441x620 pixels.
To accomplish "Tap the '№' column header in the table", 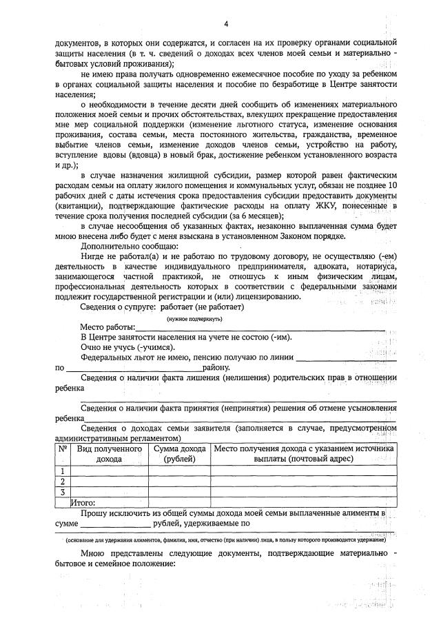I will point(63,449).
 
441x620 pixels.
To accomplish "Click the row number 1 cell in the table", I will point(63,471).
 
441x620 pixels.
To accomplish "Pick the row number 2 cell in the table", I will point(63,481).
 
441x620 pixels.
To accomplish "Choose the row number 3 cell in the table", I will point(63,492).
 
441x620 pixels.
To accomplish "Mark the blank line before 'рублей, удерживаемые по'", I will point(112,524).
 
